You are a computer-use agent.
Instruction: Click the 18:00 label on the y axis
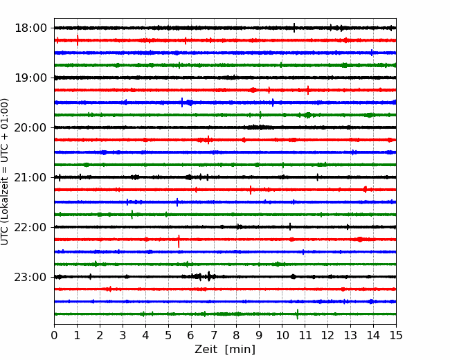pos(30,28)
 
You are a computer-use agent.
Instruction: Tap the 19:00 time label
pos(30,78)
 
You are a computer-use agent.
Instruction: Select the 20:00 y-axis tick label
pos(30,127)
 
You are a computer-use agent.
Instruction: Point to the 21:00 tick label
pos(30,177)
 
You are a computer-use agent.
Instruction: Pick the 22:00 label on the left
pos(30,227)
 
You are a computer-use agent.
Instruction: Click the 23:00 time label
pos(30,277)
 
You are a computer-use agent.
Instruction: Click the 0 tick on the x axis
pos(54,335)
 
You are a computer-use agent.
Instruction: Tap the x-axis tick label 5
pos(168,335)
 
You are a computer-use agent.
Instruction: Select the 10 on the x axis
pos(282,335)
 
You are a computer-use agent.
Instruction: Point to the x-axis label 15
pos(396,335)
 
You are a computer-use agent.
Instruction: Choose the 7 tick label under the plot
pos(214,335)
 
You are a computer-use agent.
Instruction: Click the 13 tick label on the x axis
pos(350,335)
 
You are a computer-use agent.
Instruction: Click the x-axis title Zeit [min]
pos(225,349)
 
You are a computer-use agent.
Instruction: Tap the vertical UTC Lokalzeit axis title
pos(5,172)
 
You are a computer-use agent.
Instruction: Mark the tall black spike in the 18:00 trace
pos(294,28)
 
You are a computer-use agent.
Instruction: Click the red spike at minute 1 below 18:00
pos(78,40)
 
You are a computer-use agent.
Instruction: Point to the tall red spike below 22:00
pos(179,241)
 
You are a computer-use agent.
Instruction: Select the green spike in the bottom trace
pos(297,314)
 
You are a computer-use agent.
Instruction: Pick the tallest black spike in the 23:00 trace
pos(209,276)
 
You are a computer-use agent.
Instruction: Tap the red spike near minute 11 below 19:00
pos(308,90)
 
